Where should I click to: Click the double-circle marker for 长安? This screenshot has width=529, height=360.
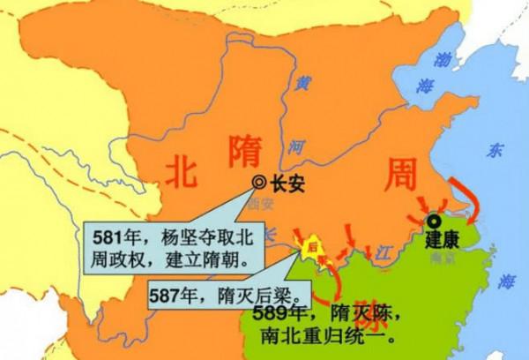tap(259, 182)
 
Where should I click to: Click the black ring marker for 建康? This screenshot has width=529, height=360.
tap(433, 221)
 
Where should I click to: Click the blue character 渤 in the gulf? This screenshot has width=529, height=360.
tap(438, 59)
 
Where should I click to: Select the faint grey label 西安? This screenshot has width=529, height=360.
tap(260, 202)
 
